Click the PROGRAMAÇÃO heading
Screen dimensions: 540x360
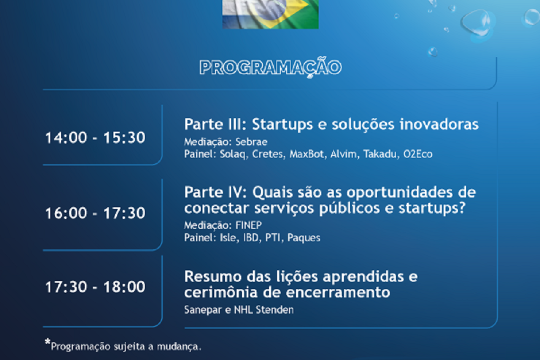point(271,67)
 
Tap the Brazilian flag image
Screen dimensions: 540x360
point(271,14)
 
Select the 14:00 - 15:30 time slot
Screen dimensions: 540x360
point(96,138)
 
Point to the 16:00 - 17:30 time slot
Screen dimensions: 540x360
point(96,213)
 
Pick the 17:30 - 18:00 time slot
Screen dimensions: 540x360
point(96,287)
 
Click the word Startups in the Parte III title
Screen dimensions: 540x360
point(282,125)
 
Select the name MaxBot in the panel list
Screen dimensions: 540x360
point(307,154)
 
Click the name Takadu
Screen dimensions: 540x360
point(380,154)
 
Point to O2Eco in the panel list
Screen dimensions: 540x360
point(418,154)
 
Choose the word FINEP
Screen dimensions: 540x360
point(248,226)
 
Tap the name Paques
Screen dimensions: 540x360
point(303,238)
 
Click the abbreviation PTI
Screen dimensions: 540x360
point(272,237)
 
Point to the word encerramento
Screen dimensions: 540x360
point(338,293)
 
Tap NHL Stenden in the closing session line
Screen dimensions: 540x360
point(264,310)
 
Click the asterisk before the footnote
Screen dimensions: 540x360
point(48,342)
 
